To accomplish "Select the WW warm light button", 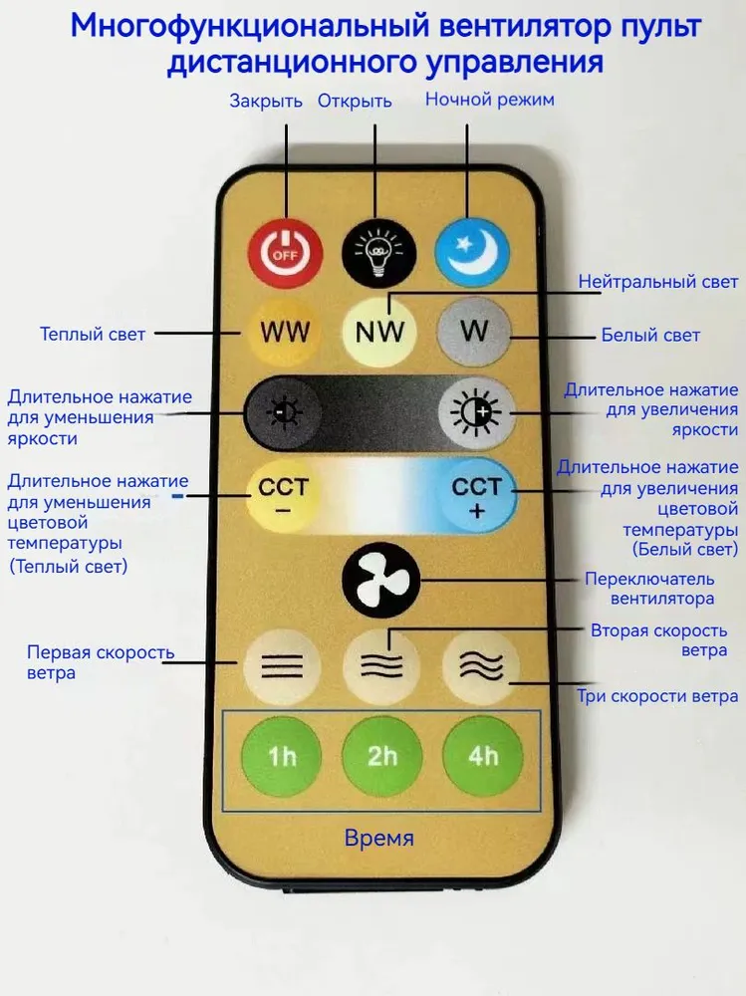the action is click(284, 332).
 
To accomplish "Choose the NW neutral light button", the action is click(379, 332).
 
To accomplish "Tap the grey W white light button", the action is click(474, 330).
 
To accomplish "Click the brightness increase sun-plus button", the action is click(476, 411).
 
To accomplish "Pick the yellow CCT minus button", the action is click(284, 496).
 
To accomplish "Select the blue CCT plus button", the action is click(476, 496).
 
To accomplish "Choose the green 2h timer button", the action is click(381, 755).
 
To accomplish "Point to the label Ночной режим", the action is click(490, 100).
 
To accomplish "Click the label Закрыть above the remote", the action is click(266, 101).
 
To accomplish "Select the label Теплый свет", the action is click(93, 334).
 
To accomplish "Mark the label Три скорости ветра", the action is click(657, 696).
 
